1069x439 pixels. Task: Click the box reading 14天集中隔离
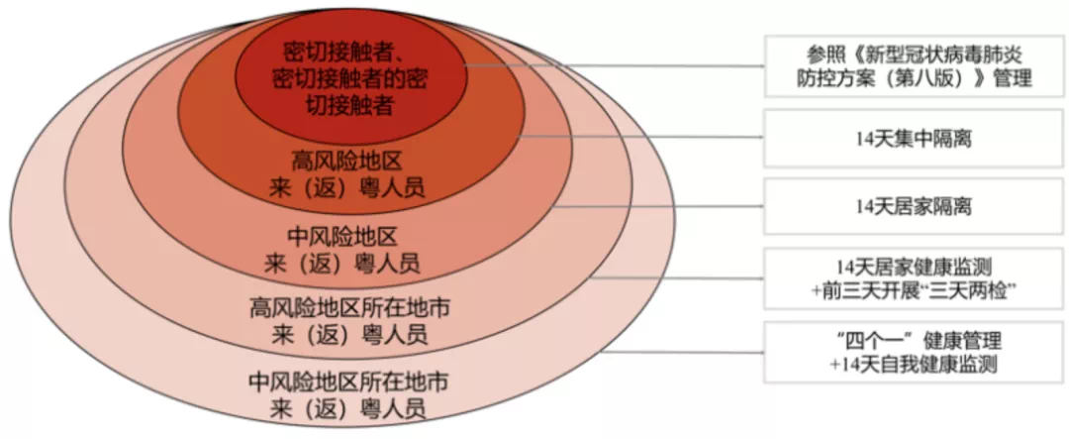click(914, 138)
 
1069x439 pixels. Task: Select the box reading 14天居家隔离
click(914, 206)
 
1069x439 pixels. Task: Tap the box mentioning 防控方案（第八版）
click(914, 65)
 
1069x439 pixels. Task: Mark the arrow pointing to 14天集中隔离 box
click(643, 138)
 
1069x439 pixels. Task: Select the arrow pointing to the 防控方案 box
click(614, 66)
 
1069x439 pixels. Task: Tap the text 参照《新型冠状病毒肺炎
click(914, 53)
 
